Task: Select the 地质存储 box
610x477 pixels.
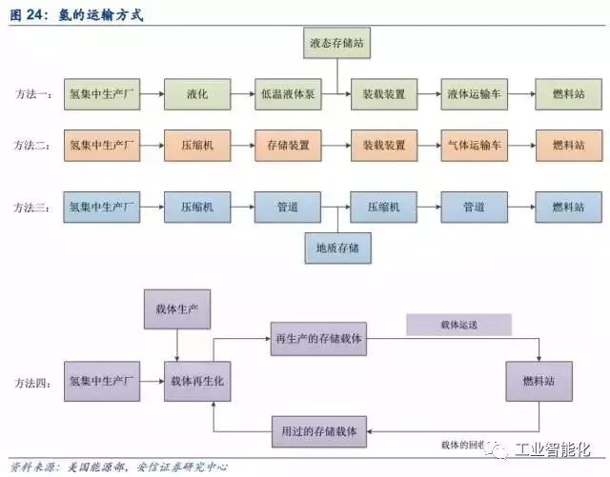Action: (x=337, y=249)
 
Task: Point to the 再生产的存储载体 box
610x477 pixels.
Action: (x=317, y=339)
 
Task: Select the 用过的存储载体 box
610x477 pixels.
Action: (x=317, y=431)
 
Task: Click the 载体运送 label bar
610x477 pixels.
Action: (x=458, y=326)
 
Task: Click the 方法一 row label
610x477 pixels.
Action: (x=33, y=95)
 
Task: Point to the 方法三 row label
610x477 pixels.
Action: (x=33, y=207)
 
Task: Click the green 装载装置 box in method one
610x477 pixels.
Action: (x=384, y=95)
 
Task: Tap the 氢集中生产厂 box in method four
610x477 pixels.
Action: (x=104, y=381)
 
